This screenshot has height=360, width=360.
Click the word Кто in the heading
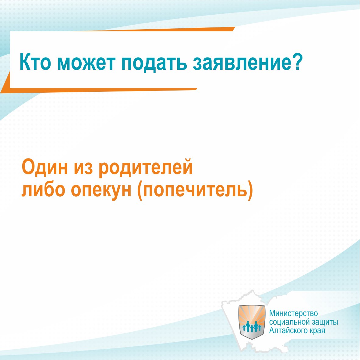click(35, 62)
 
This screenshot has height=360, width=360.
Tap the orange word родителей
click(146, 168)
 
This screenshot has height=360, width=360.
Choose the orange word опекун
click(101, 191)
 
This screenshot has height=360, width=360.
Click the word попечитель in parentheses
click(195, 191)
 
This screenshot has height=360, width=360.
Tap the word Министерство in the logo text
click(293, 313)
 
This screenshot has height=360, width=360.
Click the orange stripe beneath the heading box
click(99, 89)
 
